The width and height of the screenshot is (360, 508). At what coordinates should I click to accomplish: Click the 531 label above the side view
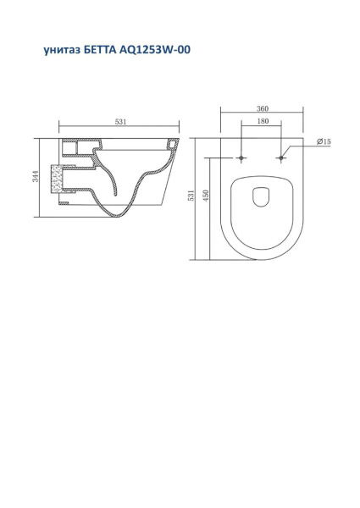tap(120, 122)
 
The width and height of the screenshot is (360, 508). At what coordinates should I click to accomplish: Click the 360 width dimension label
tap(263, 108)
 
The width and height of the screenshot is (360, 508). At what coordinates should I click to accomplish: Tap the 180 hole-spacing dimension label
tap(263, 121)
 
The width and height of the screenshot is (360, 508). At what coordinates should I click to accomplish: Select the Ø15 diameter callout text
tap(324, 141)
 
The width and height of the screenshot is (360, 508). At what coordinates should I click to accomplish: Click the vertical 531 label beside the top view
tap(191, 196)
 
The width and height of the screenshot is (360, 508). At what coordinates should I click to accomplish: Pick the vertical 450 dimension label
tap(206, 196)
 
